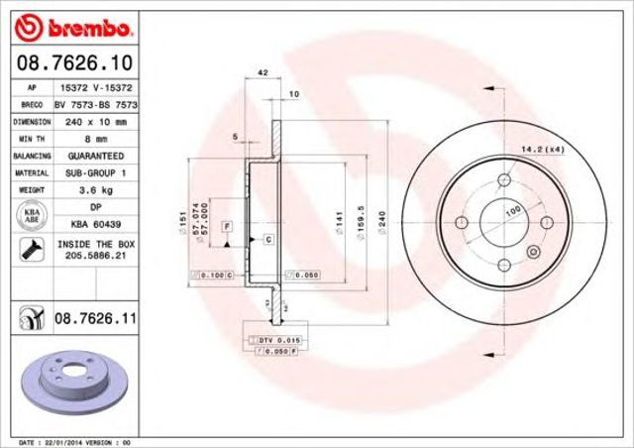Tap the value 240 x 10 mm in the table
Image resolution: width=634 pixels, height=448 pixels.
(96, 121)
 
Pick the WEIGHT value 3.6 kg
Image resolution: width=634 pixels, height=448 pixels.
(96, 187)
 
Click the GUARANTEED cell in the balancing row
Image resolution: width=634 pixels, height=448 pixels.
(96, 156)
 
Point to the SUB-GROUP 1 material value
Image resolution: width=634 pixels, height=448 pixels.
(96, 171)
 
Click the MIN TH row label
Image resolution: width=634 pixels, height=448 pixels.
(27, 139)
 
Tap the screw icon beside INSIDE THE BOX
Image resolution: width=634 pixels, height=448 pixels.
(26, 250)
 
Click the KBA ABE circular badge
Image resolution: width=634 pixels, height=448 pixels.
(27, 213)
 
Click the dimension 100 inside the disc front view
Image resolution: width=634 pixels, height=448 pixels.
(513, 211)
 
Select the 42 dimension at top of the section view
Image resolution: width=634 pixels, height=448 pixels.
(263, 73)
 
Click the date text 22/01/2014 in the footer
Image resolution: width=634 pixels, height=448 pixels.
(66, 441)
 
